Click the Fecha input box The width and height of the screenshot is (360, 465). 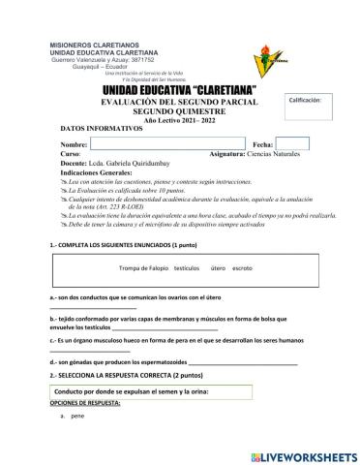click(x=292, y=143)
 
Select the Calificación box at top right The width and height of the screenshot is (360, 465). click(x=311, y=107)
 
